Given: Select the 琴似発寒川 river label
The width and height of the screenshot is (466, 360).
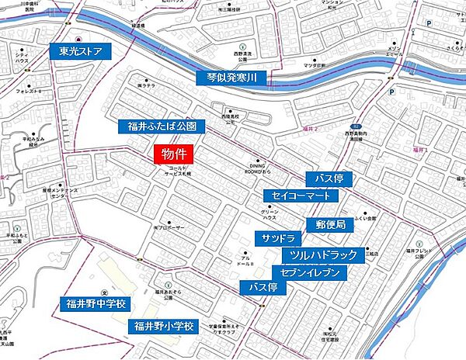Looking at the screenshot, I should (x=231, y=78).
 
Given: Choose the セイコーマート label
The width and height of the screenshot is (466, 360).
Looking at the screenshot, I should (x=301, y=196).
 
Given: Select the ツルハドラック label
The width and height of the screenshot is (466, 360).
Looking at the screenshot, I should (x=323, y=254).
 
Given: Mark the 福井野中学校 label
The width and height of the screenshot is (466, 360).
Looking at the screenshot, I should (x=98, y=303).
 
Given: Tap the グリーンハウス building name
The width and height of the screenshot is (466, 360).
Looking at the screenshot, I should (x=269, y=214).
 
